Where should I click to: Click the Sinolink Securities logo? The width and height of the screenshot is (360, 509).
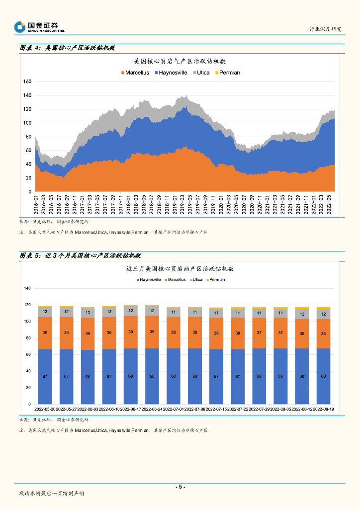point(40,27)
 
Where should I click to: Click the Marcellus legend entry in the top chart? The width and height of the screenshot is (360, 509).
point(135,73)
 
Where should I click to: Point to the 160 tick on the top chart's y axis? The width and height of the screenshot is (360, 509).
point(27,82)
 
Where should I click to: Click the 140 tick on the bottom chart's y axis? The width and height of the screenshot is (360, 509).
point(27,288)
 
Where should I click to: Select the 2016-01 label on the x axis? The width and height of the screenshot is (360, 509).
point(36,204)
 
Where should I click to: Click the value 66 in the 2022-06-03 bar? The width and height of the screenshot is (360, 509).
point(88,377)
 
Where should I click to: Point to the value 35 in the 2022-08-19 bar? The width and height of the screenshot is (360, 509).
point(323,334)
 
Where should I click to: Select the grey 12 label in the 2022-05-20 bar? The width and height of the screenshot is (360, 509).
point(45,312)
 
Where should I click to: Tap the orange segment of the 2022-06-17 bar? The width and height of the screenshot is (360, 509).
point(131,332)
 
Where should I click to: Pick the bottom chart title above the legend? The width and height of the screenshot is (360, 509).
point(180,268)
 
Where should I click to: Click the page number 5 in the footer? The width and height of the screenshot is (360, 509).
point(180,487)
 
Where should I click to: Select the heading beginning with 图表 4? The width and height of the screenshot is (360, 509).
point(67,48)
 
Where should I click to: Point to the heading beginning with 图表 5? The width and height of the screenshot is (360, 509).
point(80,255)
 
